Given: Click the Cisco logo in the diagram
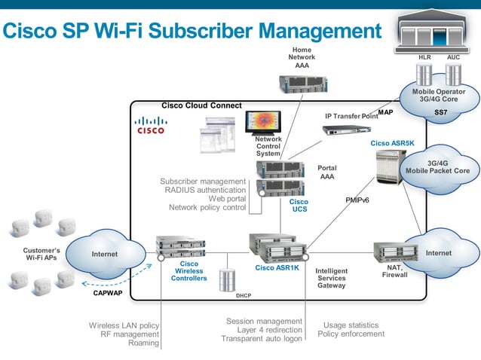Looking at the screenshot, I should tap(151, 125).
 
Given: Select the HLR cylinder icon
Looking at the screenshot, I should tap(424, 74).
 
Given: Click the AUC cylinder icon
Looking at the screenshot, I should tap(453, 74).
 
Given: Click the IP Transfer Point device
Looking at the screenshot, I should tap(346, 130).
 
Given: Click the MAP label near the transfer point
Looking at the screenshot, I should tap(385, 113).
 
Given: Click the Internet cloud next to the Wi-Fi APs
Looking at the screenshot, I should tap(105, 255).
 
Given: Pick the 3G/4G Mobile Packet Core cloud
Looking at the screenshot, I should tap(438, 167).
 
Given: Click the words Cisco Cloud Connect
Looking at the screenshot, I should tap(201, 105).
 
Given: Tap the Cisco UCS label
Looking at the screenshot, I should tap(299, 206).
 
